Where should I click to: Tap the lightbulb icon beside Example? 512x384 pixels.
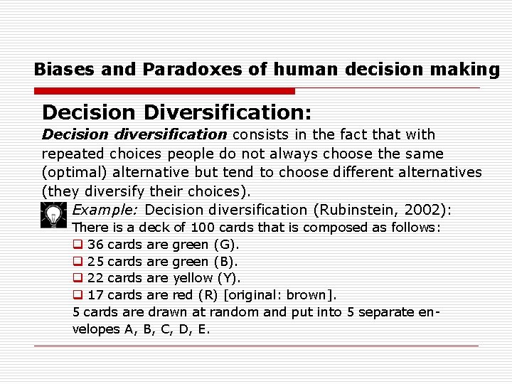tap(53, 213)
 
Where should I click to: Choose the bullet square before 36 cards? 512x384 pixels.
tap(78, 244)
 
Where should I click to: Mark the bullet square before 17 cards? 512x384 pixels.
tap(78, 294)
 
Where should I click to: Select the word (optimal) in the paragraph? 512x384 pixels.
tap(73, 172)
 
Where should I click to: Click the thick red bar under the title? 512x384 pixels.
tap(164, 91)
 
